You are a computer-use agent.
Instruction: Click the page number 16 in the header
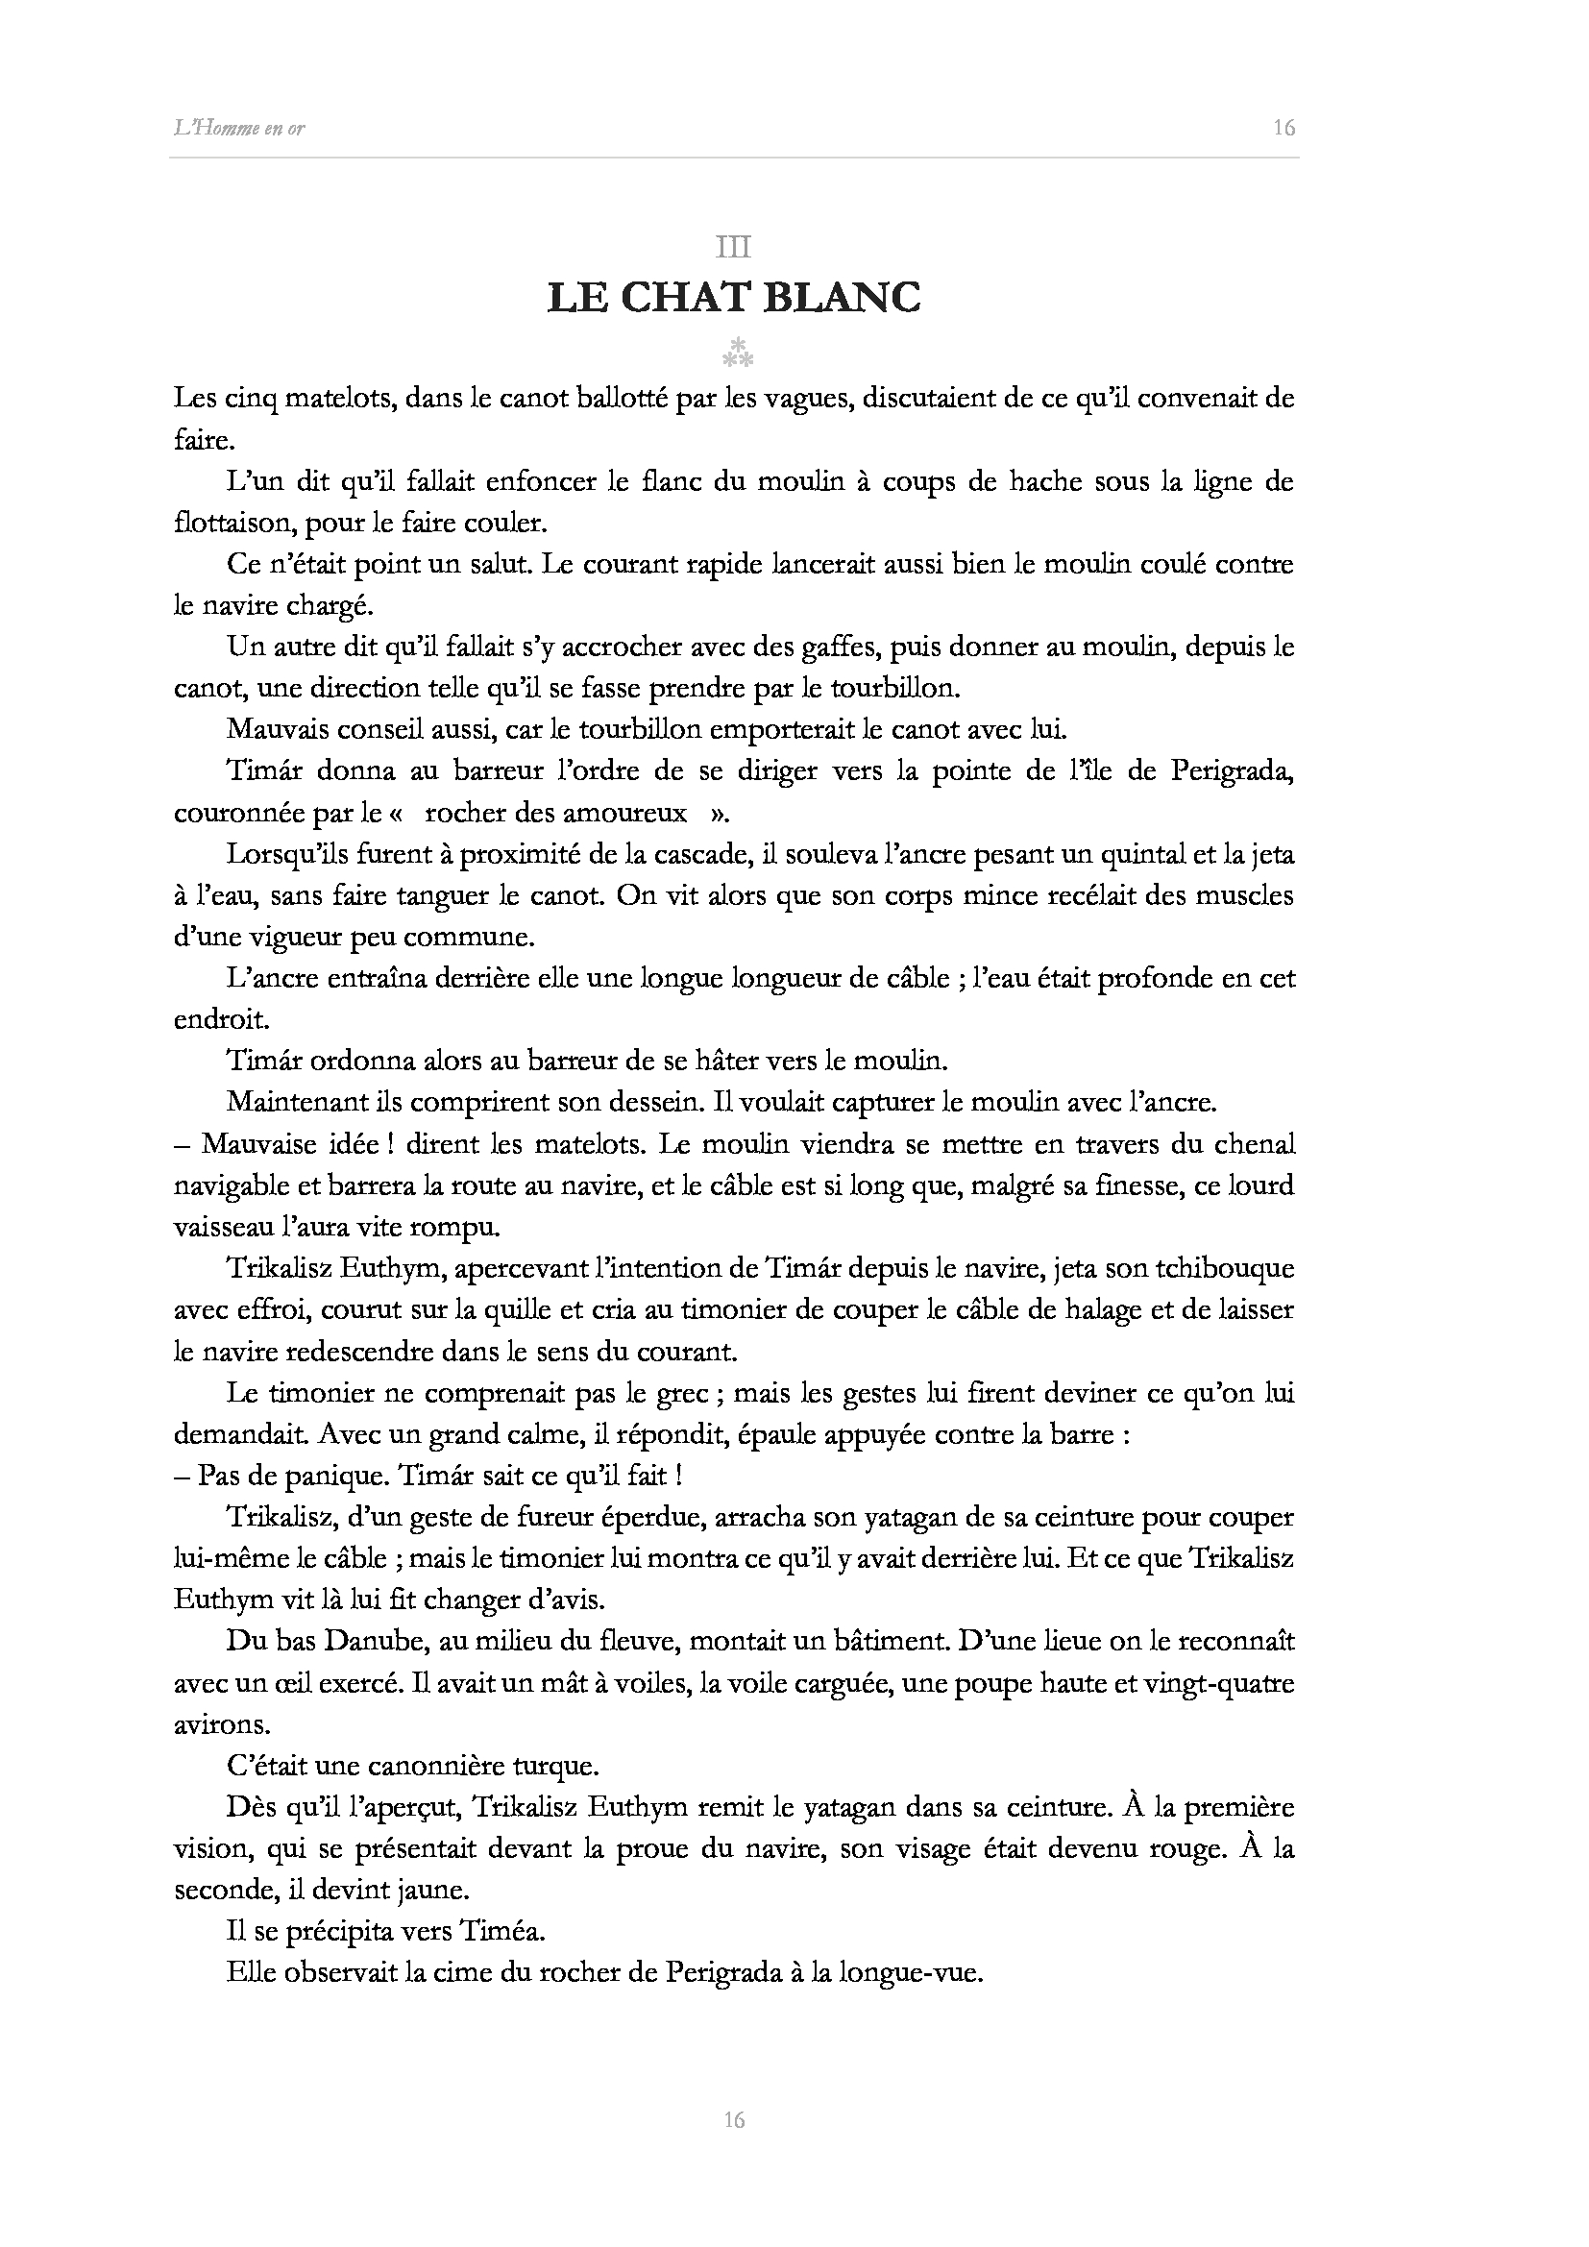(1283, 127)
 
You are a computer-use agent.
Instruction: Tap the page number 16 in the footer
(734, 2120)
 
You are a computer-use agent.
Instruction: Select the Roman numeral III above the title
(734, 248)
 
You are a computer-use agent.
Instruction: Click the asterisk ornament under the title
(736, 354)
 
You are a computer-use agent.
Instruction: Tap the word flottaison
(232, 523)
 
